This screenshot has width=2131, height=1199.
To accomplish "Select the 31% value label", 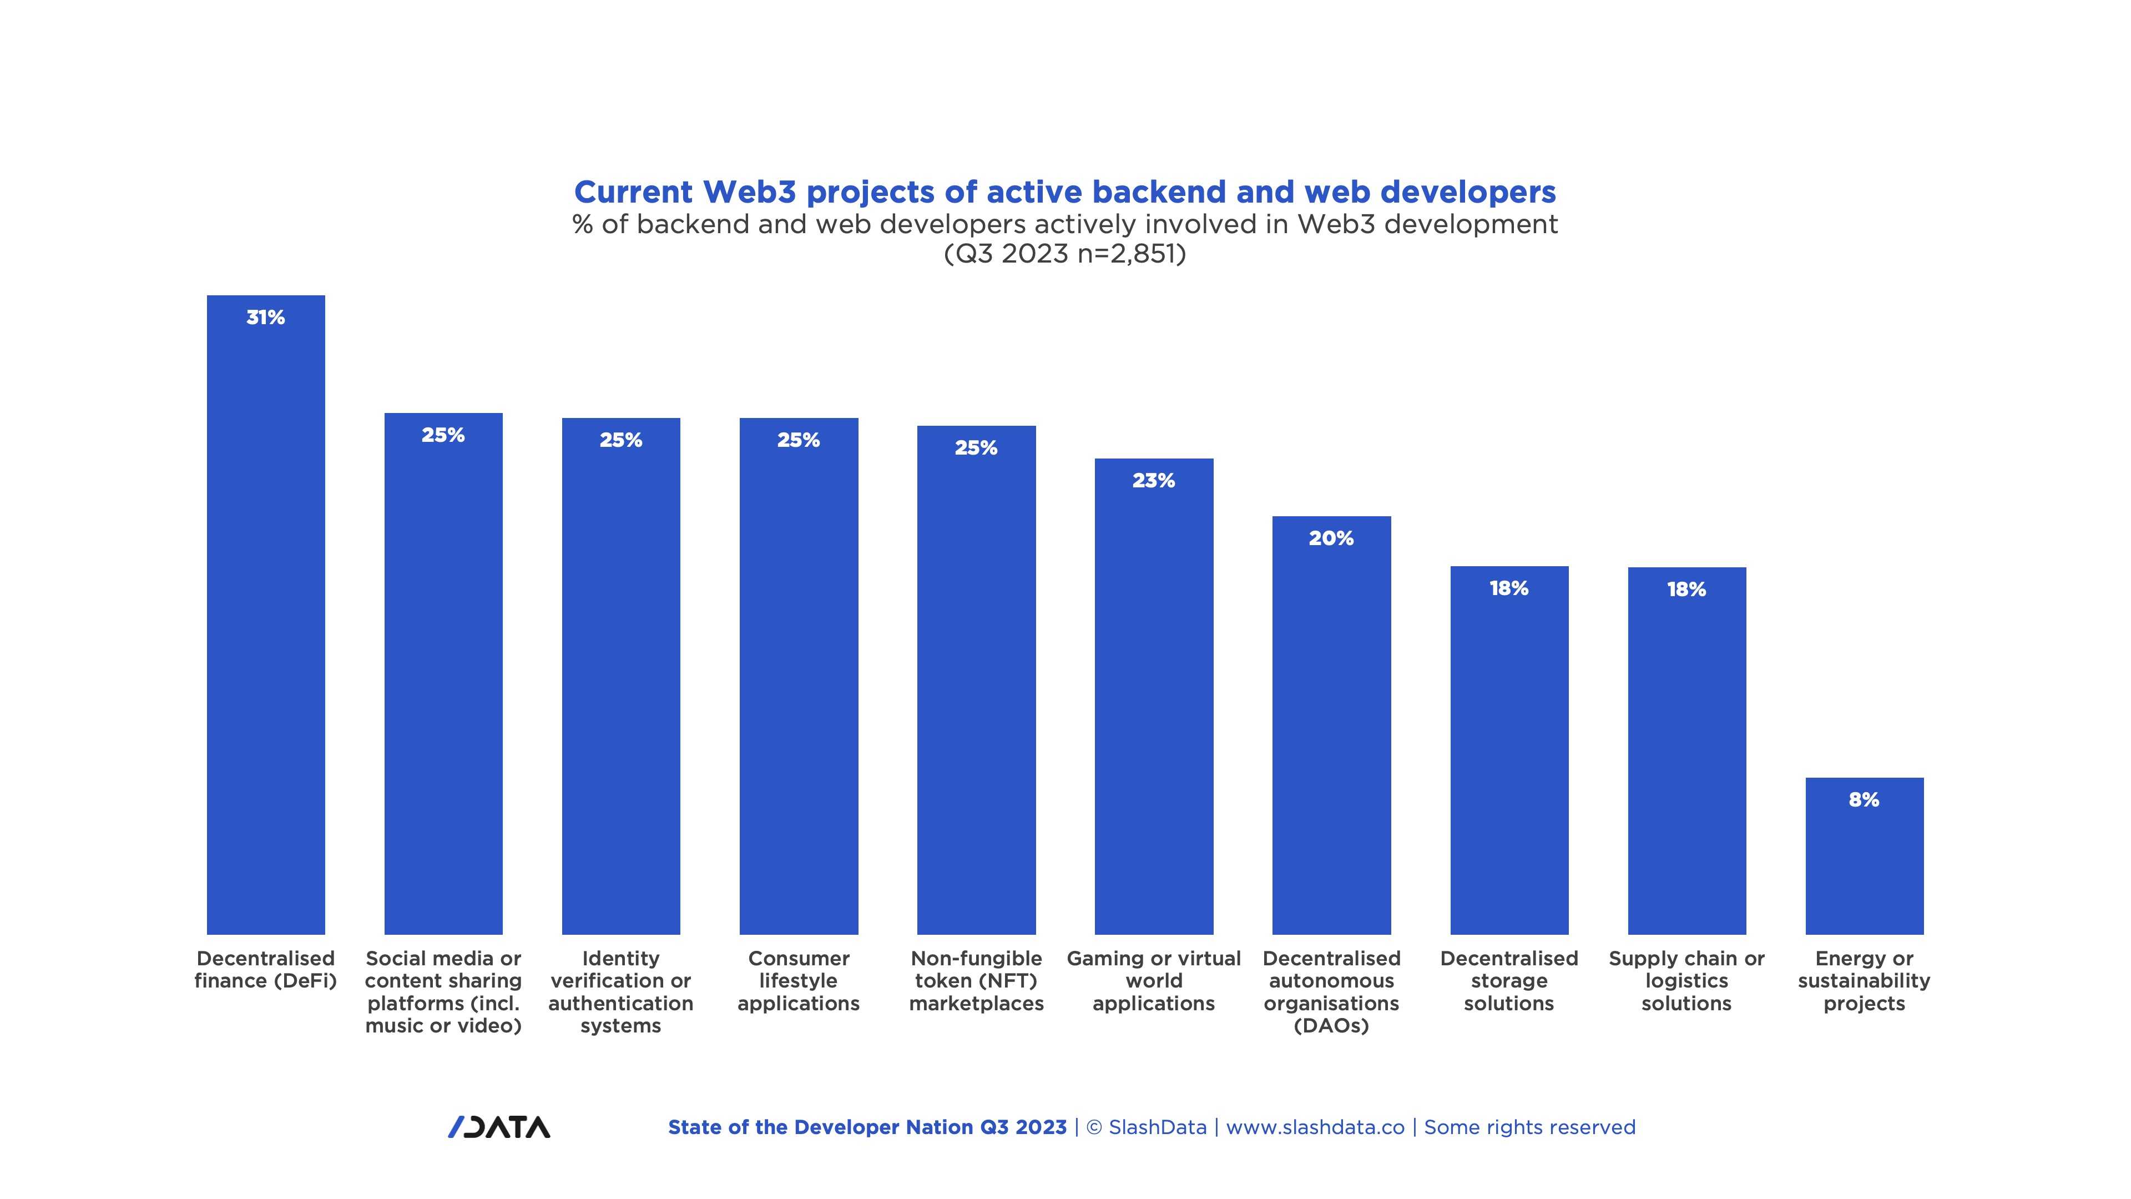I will (266, 318).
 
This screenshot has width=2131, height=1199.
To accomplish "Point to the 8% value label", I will (1864, 800).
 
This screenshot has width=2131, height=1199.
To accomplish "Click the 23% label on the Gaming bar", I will (1153, 481).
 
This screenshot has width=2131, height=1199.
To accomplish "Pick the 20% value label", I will (1331, 538).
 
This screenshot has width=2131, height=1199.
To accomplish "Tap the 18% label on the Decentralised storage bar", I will (1509, 588).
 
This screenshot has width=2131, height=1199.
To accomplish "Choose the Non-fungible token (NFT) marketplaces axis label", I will (976, 980).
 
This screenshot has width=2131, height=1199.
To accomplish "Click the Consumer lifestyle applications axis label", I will (799, 980).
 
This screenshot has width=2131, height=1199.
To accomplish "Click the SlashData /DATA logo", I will (499, 1127).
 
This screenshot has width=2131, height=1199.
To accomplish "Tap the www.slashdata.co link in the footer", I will (1315, 1127).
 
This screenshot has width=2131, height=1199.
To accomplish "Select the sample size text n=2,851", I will (1131, 253).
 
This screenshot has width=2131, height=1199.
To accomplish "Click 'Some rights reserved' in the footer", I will (1529, 1127).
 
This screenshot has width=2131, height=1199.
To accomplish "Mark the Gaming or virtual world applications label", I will (1153, 980).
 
